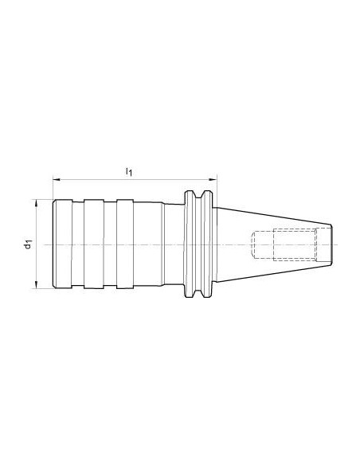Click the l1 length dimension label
[129, 172]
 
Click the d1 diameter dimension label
[28, 244]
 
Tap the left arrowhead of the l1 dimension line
[57, 179]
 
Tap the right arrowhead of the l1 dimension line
[213, 179]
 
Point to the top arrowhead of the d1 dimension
[36, 203]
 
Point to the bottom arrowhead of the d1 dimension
[36, 285]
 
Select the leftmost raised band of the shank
[63, 244]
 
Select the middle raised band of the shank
[94, 244]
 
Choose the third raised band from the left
[125, 244]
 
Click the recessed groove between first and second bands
[78, 244]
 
